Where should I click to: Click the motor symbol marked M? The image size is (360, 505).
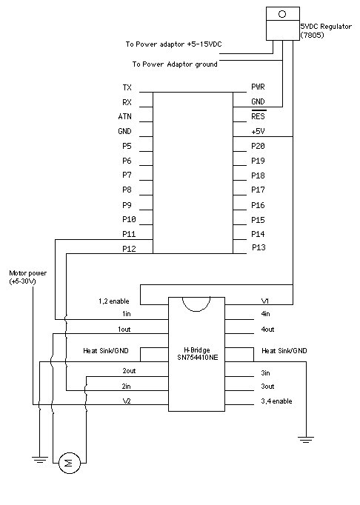tap(69, 463)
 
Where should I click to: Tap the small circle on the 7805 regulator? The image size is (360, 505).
tap(282, 14)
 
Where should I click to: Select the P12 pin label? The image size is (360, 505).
tap(129, 249)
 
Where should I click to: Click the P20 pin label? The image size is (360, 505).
tap(258, 146)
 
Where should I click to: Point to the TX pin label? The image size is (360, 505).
tap(127, 87)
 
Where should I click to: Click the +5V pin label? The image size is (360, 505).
tap(258, 131)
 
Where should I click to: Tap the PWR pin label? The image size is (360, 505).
tap(258, 87)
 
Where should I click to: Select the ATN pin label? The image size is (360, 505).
tap(124, 116)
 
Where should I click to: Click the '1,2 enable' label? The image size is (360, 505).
tap(114, 301)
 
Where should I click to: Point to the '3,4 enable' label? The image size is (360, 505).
tap(276, 401)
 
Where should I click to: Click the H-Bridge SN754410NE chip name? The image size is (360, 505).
tap(197, 354)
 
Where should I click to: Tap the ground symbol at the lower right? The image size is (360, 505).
tap(305, 440)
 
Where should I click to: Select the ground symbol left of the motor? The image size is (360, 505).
tap(40, 460)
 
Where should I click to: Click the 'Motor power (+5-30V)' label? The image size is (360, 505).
tap(27, 277)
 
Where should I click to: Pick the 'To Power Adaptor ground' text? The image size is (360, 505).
tap(175, 64)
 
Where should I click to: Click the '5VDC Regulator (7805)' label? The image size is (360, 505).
tap(326, 30)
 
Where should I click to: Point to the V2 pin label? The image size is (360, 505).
tap(127, 401)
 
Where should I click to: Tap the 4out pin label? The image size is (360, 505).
tap(267, 330)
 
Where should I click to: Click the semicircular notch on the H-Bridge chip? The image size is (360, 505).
tap(196, 311)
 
